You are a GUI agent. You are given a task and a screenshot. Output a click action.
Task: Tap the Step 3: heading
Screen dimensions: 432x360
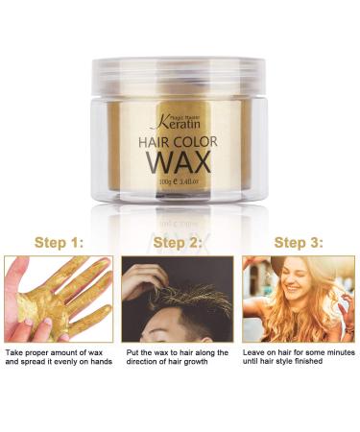[x=299, y=242]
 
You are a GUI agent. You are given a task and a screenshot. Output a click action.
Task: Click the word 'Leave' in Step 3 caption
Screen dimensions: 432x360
[x=253, y=354]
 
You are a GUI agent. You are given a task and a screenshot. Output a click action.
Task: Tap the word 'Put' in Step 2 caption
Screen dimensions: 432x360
[x=132, y=354]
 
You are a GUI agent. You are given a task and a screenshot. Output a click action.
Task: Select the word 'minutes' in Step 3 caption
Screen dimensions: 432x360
[x=335, y=354]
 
